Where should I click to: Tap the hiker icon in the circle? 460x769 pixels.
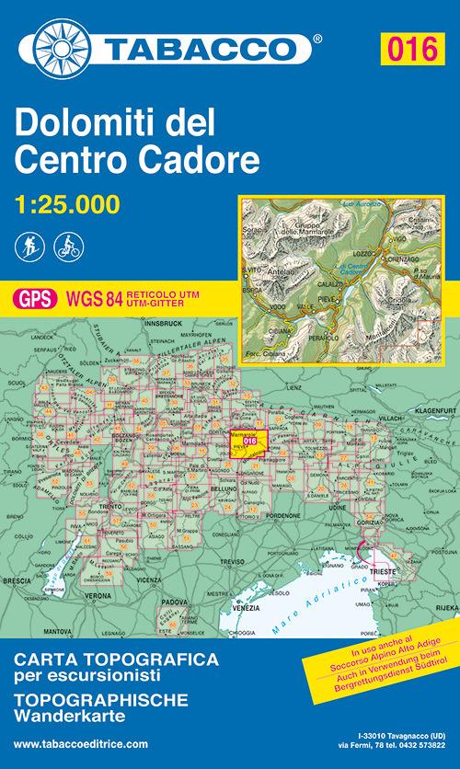tap(28, 247)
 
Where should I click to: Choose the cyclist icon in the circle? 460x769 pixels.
tap(64, 247)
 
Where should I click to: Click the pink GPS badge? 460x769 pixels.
tap(34, 297)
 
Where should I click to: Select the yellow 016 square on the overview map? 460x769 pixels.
tap(248, 440)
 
